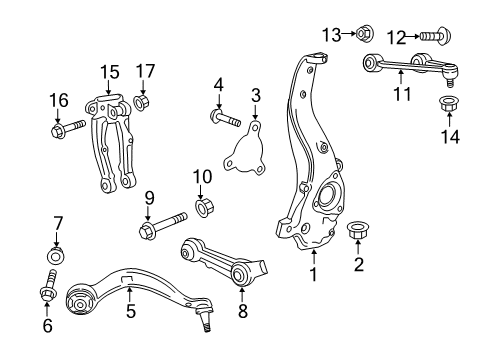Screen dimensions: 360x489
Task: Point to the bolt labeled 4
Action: pos(224,119)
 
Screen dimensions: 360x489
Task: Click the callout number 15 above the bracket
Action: pos(108,71)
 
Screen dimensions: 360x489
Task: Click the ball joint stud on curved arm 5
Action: pos(204,319)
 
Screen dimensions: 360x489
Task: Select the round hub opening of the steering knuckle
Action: pos(329,197)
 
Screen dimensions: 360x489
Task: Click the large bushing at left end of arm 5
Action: pos(79,302)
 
